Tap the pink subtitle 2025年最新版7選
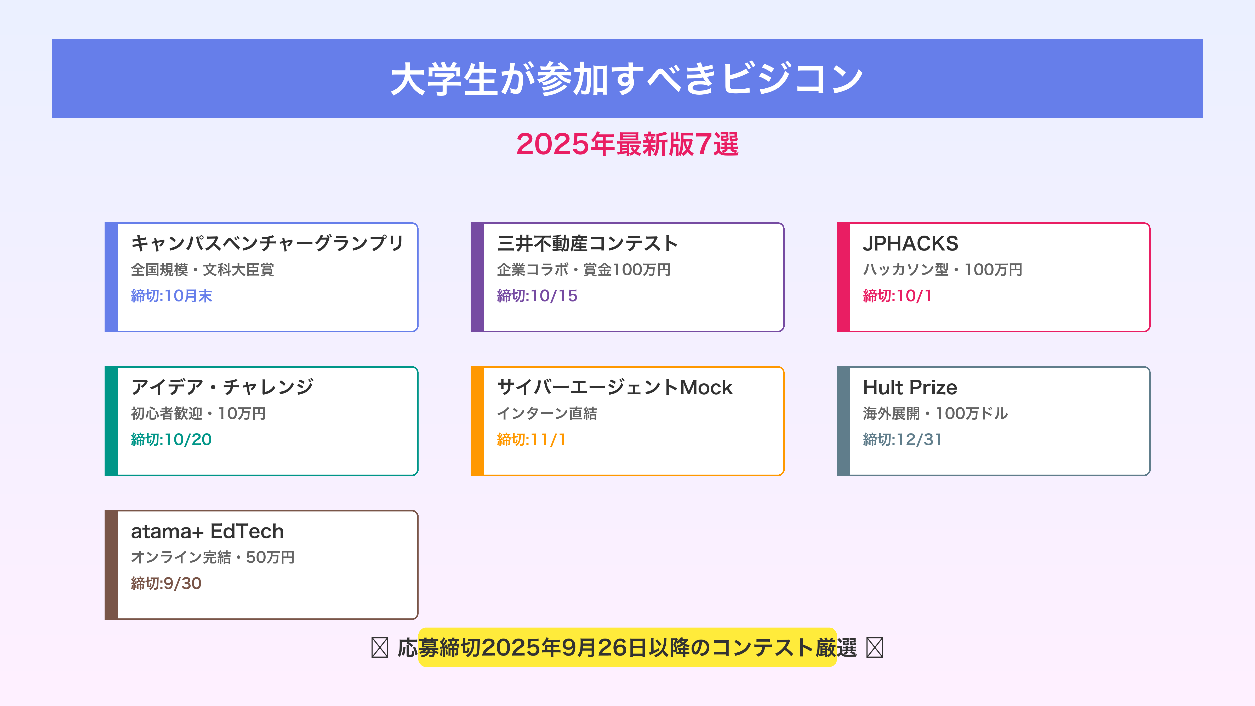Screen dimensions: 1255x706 coord(627,145)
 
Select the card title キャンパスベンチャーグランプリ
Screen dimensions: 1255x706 coord(267,243)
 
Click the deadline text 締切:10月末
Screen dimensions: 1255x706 coord(172,296)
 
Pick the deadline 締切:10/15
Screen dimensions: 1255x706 coord(537,296)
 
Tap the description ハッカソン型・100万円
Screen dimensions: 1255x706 coord(942,269)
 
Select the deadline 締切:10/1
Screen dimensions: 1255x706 coord(897,296)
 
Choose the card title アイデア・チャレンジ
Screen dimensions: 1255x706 coord(222,387)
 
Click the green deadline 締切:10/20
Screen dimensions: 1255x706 coord(171,440)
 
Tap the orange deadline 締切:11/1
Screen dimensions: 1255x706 coord(531,440)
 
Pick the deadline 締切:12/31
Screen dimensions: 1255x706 coord(902,440)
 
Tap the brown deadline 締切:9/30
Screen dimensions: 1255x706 coord(166,583)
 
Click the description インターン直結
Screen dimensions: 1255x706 coord(547,413)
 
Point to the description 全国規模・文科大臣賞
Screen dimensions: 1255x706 coord(203,269)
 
